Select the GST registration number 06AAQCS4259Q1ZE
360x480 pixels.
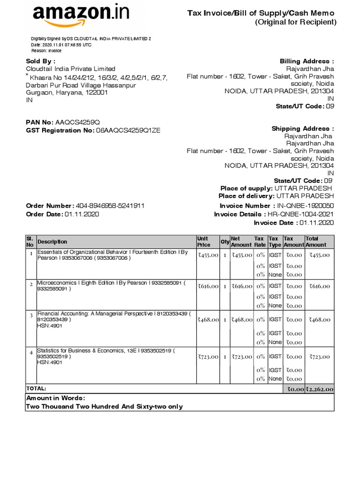(x=128, y=130)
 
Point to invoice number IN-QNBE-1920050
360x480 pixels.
(x=305, y=206)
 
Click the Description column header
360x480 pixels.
(x=52, y=242)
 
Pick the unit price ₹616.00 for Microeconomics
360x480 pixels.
(x=208, y=286)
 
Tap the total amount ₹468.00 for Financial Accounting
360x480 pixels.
(x=319, y=320)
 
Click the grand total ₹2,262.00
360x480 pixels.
(x=319, y=389)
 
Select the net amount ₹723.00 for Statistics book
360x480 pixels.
(x=242, y=357)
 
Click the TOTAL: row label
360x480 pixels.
(x=36, y=389)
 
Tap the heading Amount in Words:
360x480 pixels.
(x=55, y=398)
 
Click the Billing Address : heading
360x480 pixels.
(x=307, y=61)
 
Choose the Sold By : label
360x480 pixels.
(x=40, y=61)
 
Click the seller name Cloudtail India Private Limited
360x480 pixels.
(x=70, y=69)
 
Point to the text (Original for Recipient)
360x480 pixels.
(x=296, y=22)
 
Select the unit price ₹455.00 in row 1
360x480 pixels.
(x=208, y=255)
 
